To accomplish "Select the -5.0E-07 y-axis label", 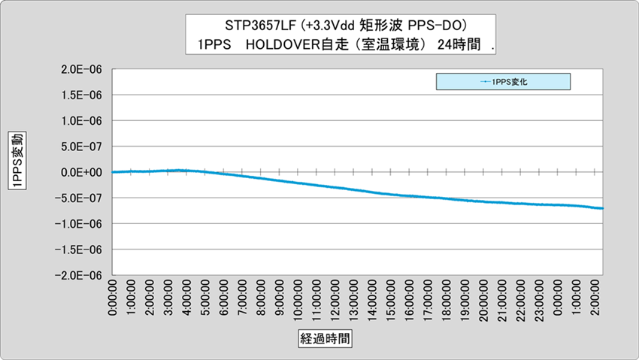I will (x=82, y=198).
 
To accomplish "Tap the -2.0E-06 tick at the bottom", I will (x=82, y=276).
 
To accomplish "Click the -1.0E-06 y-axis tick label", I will (x=82, y=224).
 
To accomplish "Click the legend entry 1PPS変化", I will (x=512, y=81).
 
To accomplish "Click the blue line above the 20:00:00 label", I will (x=483, y=201).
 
